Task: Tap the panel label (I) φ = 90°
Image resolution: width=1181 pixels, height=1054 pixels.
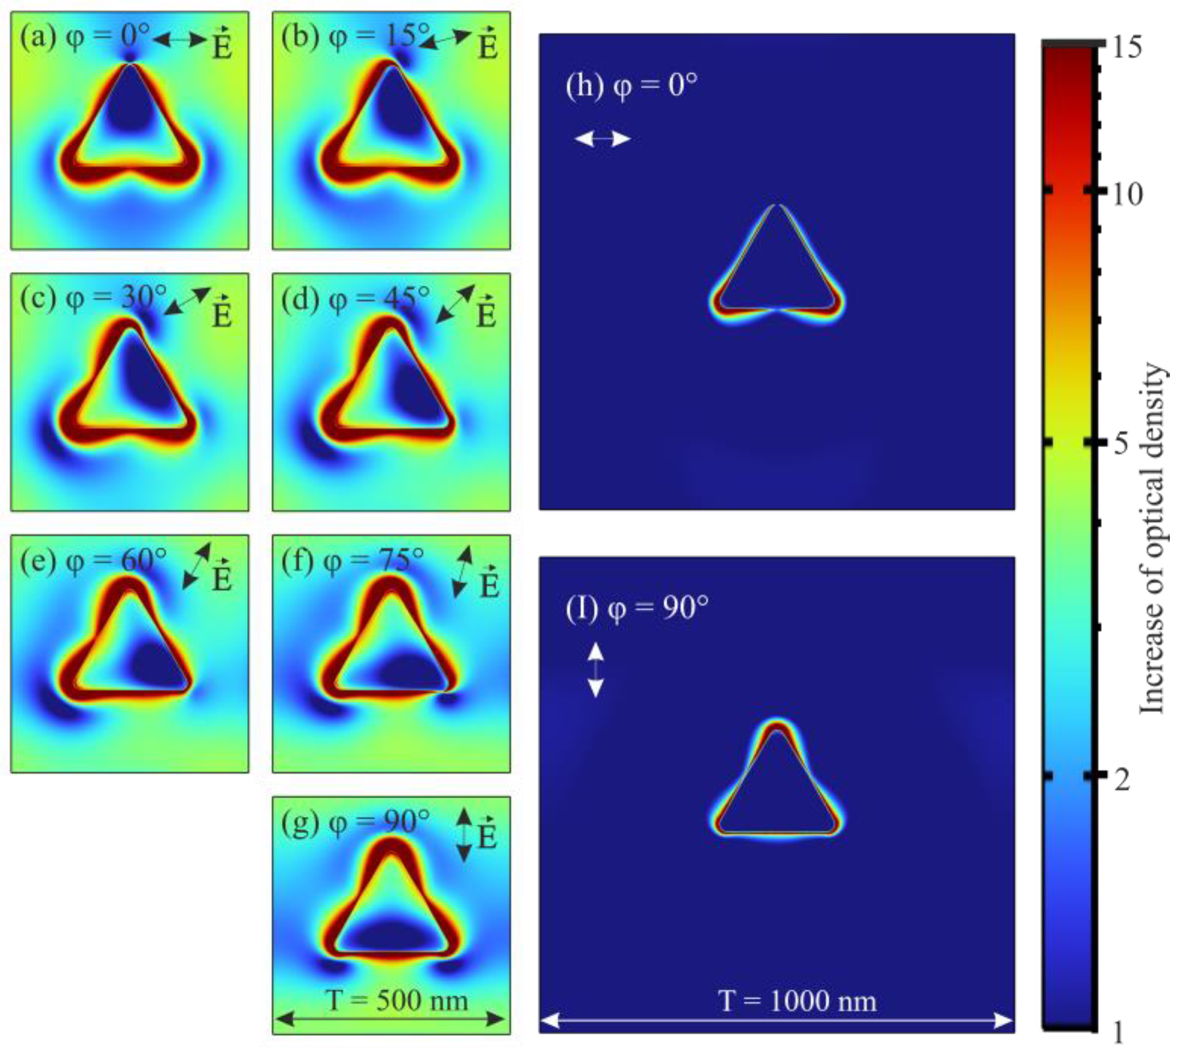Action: pyautogui.click(x=637, y=609)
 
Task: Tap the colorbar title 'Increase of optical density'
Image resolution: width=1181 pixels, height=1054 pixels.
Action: pyautogui.click(x=1152, y=539)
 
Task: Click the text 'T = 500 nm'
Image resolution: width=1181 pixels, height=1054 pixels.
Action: pyautogui.click(x=397, y=1000)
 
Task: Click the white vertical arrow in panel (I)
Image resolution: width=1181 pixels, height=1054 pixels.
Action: pyautogui.click(x=596, y=670)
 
